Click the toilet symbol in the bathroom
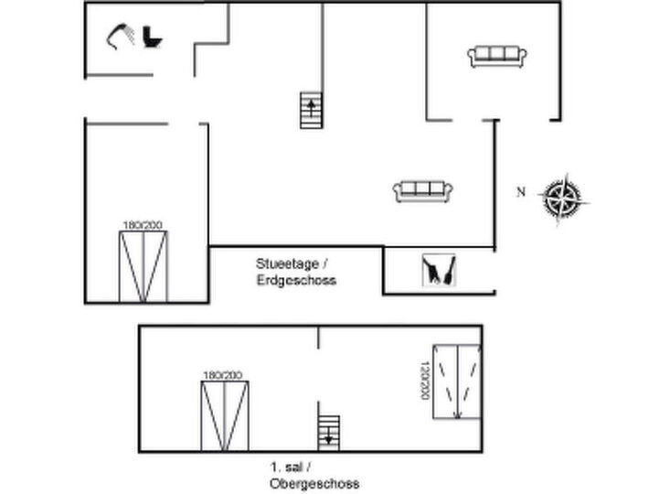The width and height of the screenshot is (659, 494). [x=152, y=38]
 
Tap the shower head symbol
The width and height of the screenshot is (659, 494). [x=121, y=37]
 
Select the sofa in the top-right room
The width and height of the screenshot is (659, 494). [x=497, y=57]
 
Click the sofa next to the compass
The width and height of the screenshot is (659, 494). [x=423, y=192]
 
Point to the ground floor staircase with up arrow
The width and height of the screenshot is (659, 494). [x=312, y=111]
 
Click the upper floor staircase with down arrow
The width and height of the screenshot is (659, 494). [x=329, y=433]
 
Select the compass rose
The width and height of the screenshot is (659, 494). [x=563, y=199]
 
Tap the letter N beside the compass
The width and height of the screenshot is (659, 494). [x=521, y=192]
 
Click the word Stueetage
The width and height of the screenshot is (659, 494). [x=288, y=264]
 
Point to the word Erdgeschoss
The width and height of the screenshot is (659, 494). [x=296, y=280]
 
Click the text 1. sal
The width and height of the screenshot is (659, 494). [x=287, y=467]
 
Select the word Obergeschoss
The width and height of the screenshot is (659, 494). [x=314, y=484]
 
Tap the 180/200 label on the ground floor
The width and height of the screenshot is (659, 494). [x=143, y=226]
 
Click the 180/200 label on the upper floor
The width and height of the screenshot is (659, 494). [x=223, y=375]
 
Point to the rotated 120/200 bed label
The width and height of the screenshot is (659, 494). [x=425, y=381]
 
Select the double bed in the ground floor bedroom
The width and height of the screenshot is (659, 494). [x=143, y=267]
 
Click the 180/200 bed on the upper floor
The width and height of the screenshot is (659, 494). [x=225, y=416]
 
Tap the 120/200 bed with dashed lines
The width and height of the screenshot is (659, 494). [x=457, y=382]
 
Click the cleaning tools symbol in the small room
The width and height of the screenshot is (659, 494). [x=439, y=270]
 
